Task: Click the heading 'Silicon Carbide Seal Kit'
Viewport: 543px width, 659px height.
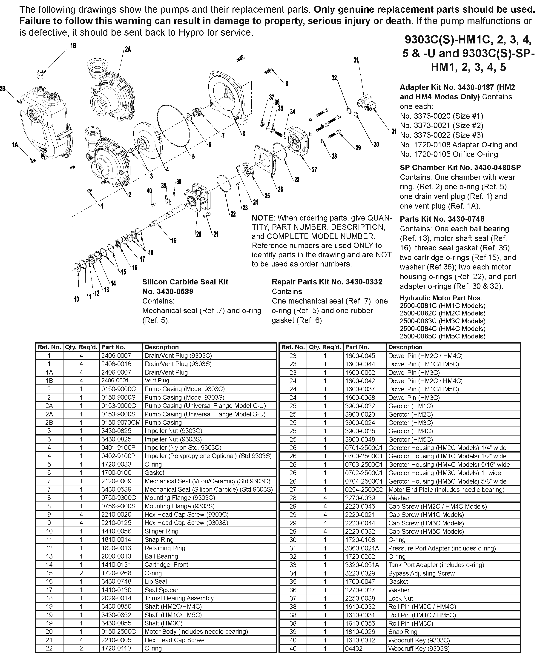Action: point(185,282)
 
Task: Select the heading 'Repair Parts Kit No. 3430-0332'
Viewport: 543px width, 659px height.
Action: point(327,282)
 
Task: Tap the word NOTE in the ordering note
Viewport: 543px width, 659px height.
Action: point(263,218)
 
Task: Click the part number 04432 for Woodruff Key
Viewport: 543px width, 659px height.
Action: point(353,649)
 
